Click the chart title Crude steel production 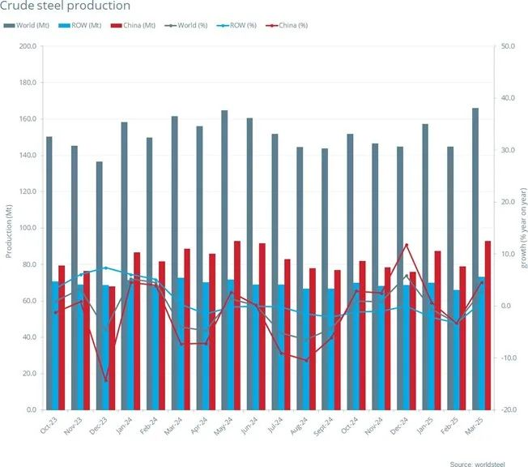coord(56,6)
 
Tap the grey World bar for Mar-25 coord(475,259)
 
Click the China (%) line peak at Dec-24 coord(406,245)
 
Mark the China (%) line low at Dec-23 coord(105,380)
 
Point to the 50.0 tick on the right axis coord(509,46)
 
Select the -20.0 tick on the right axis coord(509,410)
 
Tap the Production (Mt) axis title coord(9,228)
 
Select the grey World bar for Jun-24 coord(249,264)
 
